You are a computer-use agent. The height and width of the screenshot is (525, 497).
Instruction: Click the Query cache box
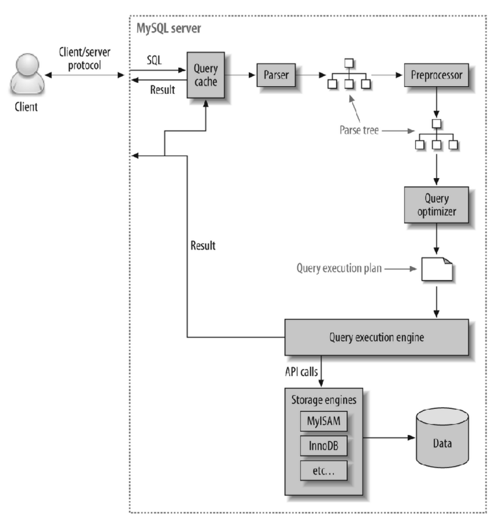(x=206, y=75)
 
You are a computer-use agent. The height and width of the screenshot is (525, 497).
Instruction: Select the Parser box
(x=276, y=75)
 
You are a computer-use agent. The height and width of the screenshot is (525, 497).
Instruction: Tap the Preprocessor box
(x=436, y=75)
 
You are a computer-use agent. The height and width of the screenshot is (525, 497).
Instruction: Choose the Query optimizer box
(x=436, y=205)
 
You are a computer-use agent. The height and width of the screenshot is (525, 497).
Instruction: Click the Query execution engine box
(x=376, y=337)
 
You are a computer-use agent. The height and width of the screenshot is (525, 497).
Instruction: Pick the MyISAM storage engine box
(x=323, y=421)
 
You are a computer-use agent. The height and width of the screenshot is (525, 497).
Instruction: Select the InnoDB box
(x=323, y=446)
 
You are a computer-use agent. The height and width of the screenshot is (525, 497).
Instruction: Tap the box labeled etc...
(x=323, y=471)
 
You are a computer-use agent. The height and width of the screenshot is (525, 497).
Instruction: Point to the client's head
(x=27, y=65)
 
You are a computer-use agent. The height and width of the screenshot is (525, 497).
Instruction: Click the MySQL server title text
(x=169, y=28)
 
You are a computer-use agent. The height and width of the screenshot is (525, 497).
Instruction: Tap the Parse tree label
(x=359, y=130)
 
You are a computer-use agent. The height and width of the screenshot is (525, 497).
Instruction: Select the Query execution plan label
(x=339, y=268)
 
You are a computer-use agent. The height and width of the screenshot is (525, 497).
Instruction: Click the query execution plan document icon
(x=437, y=269)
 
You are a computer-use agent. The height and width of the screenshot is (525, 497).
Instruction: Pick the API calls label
(x=301, y=372)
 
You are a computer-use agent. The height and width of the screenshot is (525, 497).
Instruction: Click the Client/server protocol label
(x=84, y=59)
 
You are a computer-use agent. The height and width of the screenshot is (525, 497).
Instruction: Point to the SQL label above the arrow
(x=154, y=60)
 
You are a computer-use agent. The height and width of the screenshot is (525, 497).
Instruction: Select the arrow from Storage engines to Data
(x=388, y=438)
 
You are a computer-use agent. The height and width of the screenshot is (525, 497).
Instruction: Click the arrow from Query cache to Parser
(x=240, y=75)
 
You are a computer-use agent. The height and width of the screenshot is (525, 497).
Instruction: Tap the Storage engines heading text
(x=323, y=400)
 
